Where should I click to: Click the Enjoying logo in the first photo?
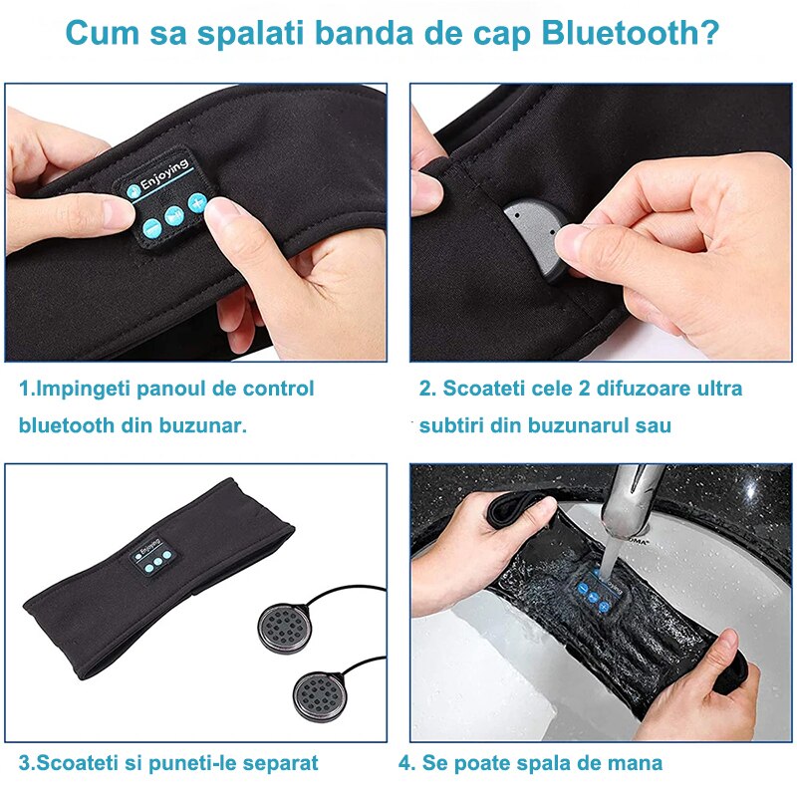click(162, 181)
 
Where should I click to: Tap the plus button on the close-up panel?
click(196, 204)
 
